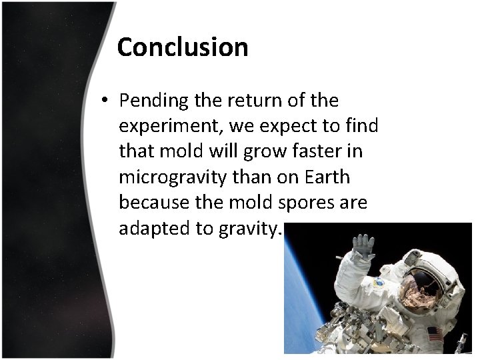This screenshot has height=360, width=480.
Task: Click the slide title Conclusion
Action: [182, 47]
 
